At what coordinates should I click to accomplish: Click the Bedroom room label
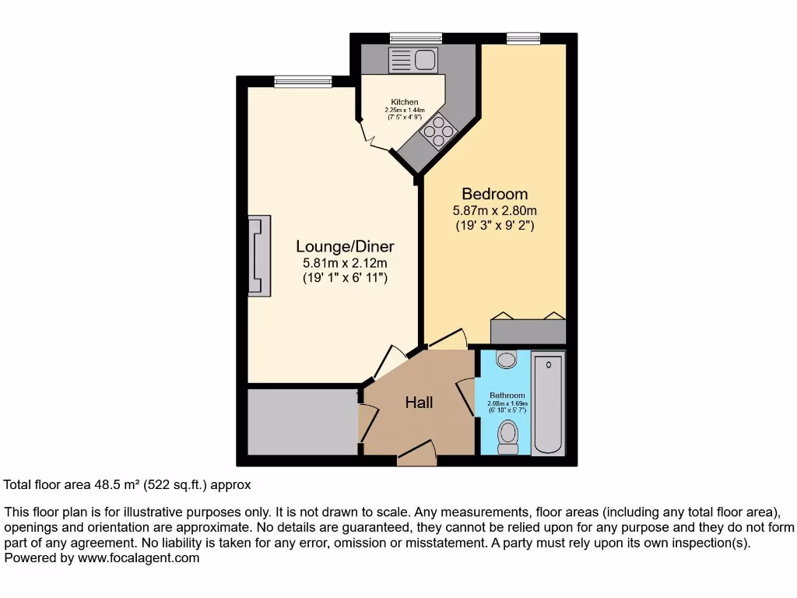point(494,194)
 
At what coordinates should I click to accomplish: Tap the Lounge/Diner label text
point(345,247)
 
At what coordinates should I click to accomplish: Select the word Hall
point(419,403)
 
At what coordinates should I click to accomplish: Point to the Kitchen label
point(405,102)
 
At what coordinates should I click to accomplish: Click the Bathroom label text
point(507,396)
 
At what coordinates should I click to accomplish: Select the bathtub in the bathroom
point(549,404)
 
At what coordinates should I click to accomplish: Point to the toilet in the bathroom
point(507,436)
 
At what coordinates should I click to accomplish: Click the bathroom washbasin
point(507,359)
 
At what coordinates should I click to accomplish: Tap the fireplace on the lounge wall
point(258,255)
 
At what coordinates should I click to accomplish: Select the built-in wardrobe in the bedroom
point(528,331)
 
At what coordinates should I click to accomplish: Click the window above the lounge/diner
point(303,80)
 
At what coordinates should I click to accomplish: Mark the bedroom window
point(523,38)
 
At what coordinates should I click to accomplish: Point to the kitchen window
point(416,38)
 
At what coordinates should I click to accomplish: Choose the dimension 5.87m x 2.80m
point(494,210)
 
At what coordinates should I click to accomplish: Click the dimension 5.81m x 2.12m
point(345,263)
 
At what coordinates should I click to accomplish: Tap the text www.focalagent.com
point(137,558)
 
